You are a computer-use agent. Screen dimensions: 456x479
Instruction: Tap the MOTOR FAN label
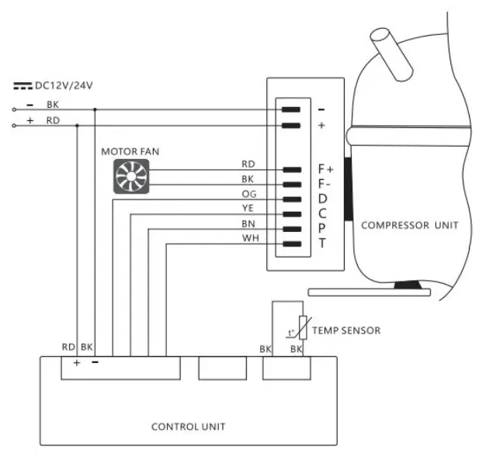point(130,151)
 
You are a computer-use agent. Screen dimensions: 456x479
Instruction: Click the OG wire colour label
point(249,194)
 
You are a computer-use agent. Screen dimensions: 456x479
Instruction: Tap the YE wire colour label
point(249,209)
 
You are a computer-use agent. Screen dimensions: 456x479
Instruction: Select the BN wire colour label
point(249,223)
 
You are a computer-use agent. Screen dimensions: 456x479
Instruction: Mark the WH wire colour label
point(249,238)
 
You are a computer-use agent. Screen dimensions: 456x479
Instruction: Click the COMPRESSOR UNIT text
point(409,226)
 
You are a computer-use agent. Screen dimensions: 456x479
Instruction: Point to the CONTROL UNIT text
point(189,427)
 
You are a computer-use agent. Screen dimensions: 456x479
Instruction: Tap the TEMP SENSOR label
point(346,330)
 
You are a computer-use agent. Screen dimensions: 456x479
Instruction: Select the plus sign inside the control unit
point(76,362)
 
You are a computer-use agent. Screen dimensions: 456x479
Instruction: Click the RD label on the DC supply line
point(52,122)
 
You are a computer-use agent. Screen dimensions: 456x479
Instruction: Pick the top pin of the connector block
point(291,110)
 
